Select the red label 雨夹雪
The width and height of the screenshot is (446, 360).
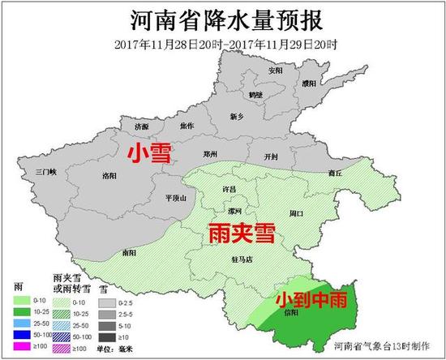click(x=239, y=232)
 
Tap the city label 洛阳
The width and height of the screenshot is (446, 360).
click(x=111, y=175)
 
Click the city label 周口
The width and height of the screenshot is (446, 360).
click(x=296, y=213)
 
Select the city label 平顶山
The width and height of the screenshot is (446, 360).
click(x=175, y=197)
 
